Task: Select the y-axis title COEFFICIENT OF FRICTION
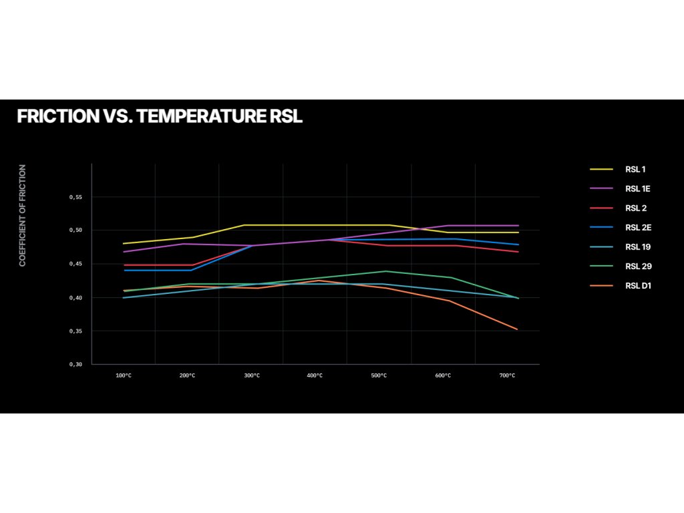[23, 216]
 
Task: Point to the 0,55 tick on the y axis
[75, 197]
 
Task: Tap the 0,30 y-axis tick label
[75, 364]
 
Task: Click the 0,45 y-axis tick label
[75, 264]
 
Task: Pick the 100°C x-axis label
[123, 375]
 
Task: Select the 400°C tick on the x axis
[315, 375]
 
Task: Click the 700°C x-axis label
[507, 375]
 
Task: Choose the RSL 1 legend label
[635, 169]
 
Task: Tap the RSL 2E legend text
[638, 227]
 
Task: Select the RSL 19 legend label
[638, 246]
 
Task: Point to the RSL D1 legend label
[638, 286]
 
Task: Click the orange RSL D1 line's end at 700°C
[518, 329]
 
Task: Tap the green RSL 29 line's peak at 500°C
[385, 271]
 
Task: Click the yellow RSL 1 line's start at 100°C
[124, 244]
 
